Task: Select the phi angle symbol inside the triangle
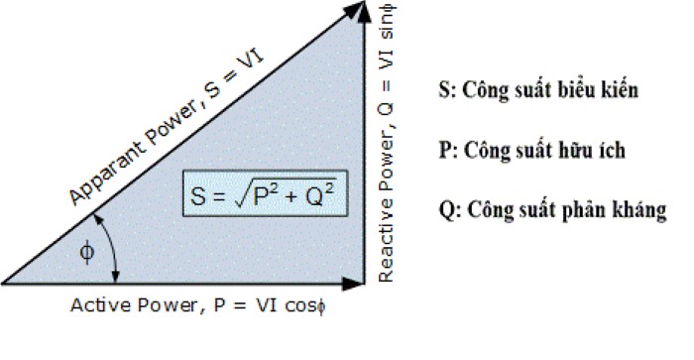click(87, 254)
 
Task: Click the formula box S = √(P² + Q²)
click(265, 195)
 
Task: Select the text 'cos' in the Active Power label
click(300, 305)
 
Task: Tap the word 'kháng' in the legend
click(640, 211)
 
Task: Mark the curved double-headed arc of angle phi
click(115, 253)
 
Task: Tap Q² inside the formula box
click(320, 194)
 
